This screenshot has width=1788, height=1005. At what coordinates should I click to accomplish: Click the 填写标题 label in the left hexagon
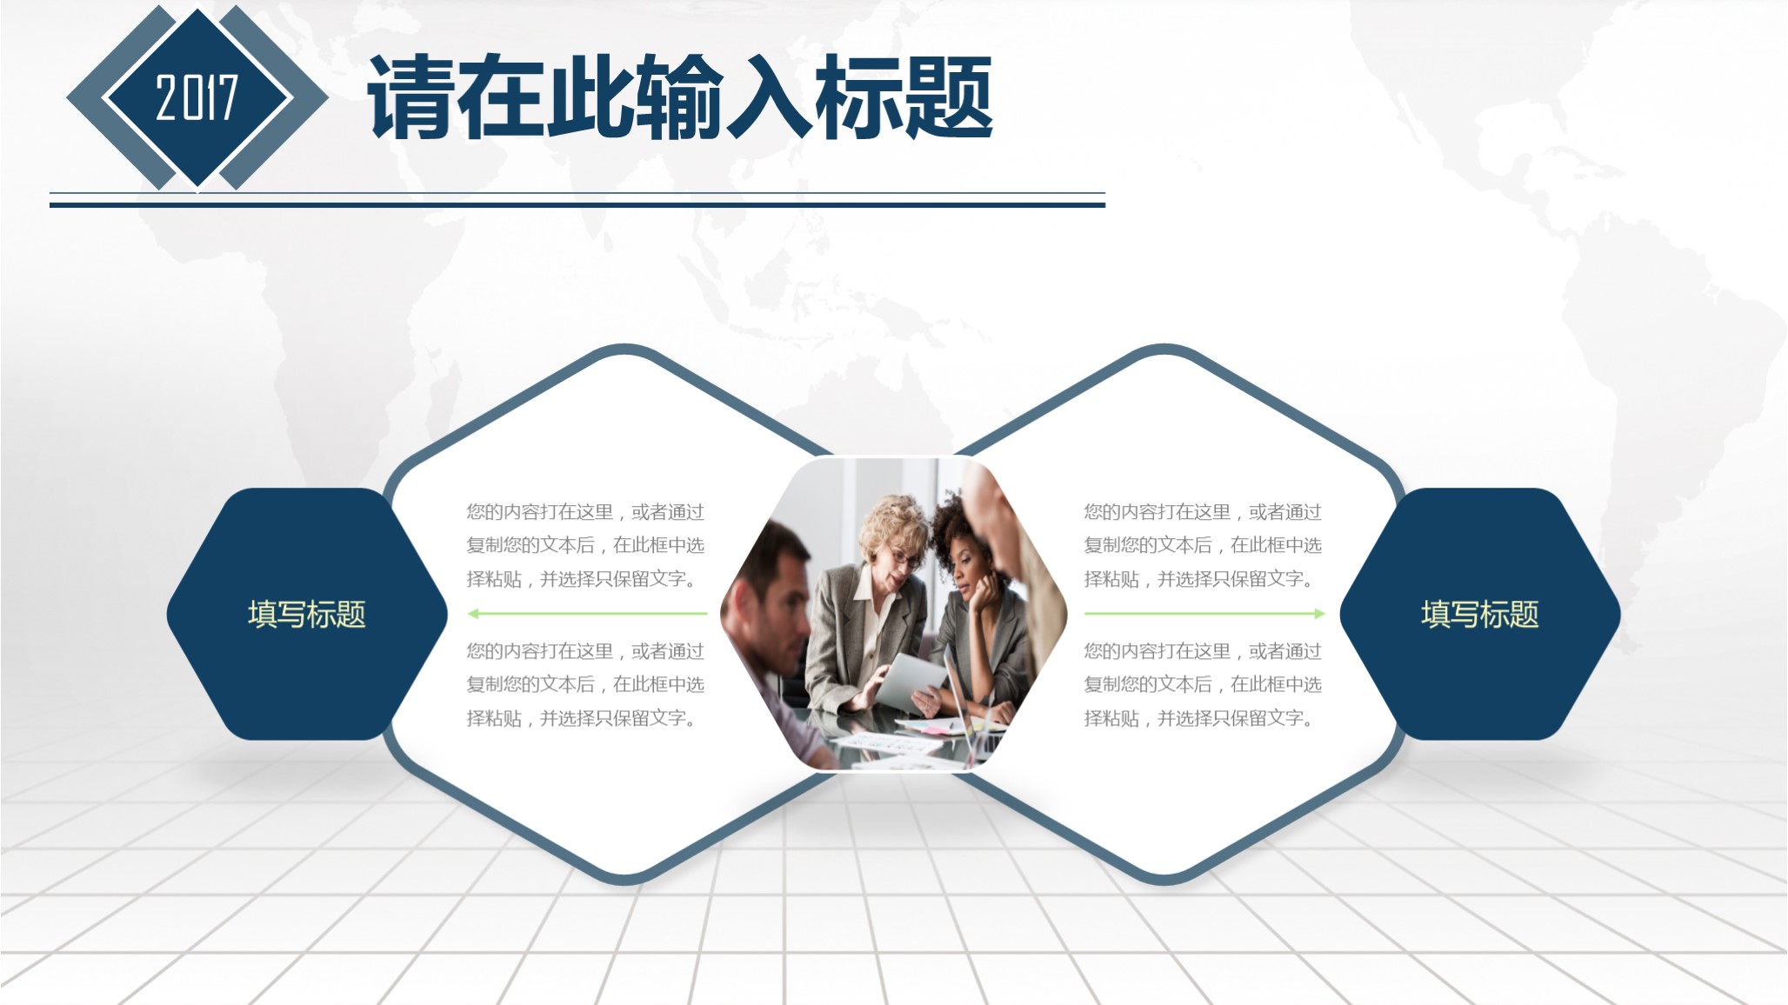[306, 615]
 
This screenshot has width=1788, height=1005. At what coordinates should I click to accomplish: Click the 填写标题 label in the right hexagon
[1479, 615]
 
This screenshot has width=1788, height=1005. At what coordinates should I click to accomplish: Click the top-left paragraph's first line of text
[584, 512]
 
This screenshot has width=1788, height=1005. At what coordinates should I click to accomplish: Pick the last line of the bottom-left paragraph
[581, 718]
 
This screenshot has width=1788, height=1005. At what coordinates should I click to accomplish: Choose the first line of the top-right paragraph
[1202, 512]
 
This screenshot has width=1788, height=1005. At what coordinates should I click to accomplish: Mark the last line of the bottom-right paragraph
[1198, 718]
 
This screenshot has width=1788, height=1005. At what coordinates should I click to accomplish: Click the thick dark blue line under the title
[577, 205]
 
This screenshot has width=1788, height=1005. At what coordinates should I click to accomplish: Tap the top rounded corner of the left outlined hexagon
[624, 350]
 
